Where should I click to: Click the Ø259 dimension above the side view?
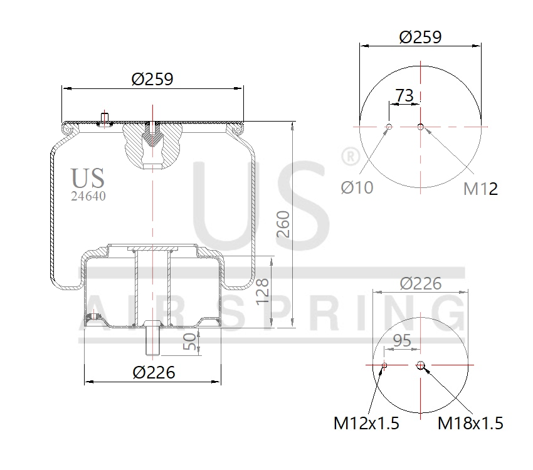[x=152, y=80]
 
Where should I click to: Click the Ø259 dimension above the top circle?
[x=420, y=37]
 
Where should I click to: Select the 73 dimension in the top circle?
[x=404, y=95]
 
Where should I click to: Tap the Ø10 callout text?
[x=357, y=187]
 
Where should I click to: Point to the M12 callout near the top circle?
[x=480, y=189]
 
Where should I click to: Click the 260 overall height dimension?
[x=283, y=224]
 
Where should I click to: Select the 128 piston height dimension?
[x=263, y=291]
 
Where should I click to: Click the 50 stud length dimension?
[x=189, y=342]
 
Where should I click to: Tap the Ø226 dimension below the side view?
[x=154, y=372]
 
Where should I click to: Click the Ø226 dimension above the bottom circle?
[x=420, y=283]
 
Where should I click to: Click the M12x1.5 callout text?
[x=366, y=424]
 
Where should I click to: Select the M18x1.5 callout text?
[x=470, y=424]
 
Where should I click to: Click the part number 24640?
[x=88, y=196]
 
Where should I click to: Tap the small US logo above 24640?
[x=88, y=179]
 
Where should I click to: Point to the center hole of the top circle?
[x=420, y=127]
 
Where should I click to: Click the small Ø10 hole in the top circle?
[x=389, y=127]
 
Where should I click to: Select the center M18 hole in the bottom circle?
[x=420, y=365]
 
